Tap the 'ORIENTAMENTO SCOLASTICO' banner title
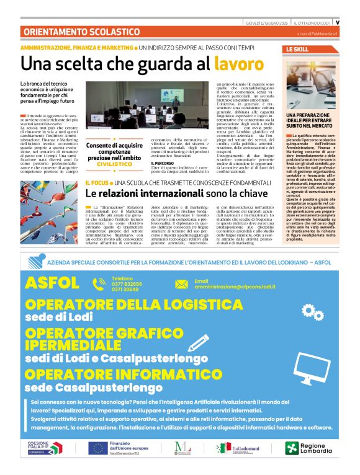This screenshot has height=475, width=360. pos(73,32)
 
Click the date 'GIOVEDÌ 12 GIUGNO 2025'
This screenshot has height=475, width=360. pos(268,23)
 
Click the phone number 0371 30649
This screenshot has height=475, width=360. pos(125,290)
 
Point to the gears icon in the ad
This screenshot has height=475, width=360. pos(310,312)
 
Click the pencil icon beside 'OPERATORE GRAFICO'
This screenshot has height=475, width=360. pos(199,344)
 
